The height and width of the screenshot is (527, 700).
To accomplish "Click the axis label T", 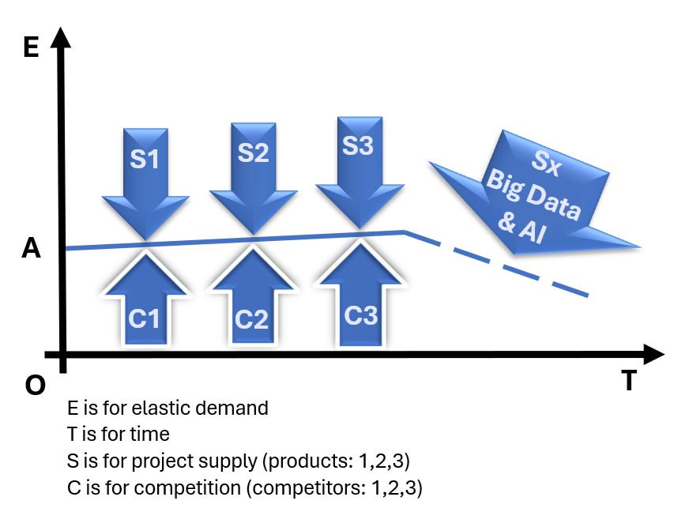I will tap(628, 381).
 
